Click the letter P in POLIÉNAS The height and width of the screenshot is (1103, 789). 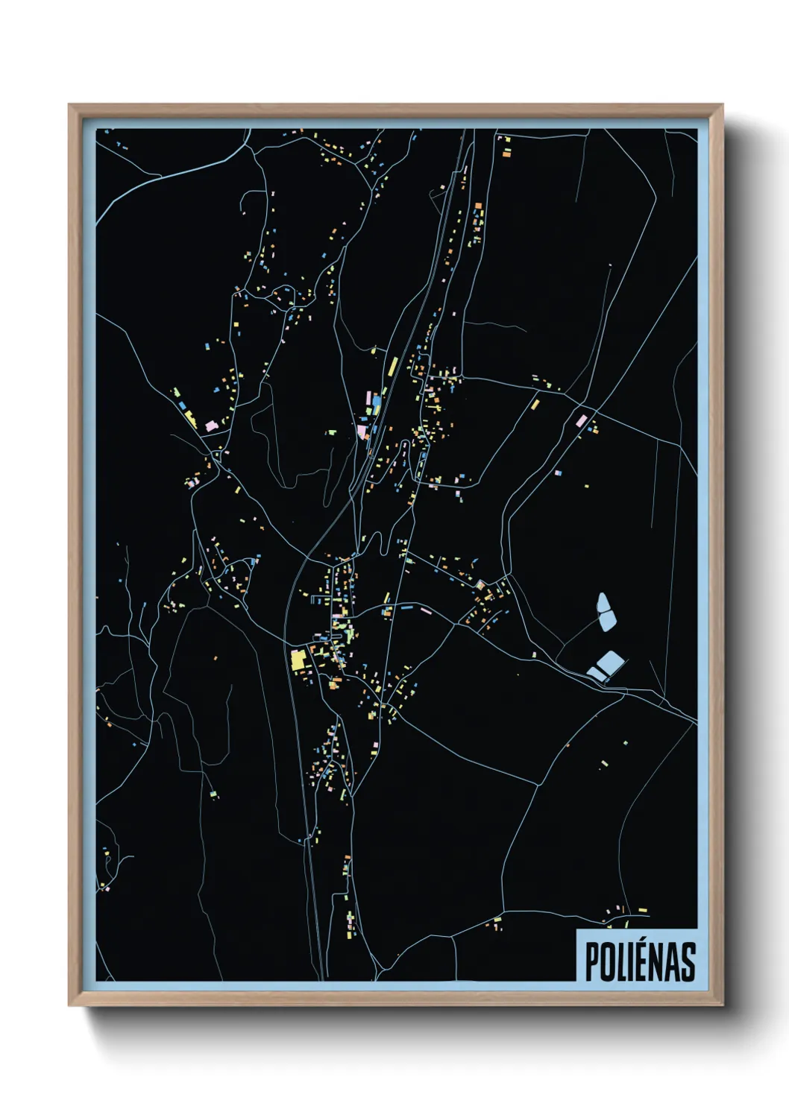[591, 961]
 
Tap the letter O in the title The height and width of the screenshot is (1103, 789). [606, 961]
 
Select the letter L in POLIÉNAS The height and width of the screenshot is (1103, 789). [621, 961]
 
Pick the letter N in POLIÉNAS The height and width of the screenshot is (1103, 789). [658, 961]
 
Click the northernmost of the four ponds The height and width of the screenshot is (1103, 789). [603, 601]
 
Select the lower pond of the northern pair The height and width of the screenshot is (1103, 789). [606, 619]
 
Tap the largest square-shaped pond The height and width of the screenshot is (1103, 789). [610, 662]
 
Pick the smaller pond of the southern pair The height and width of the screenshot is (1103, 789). [596, 674]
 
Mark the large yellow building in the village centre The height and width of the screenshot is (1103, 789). [298, 660]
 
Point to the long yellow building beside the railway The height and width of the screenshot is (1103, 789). [392, 367]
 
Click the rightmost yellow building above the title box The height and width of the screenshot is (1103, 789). [642, 910]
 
